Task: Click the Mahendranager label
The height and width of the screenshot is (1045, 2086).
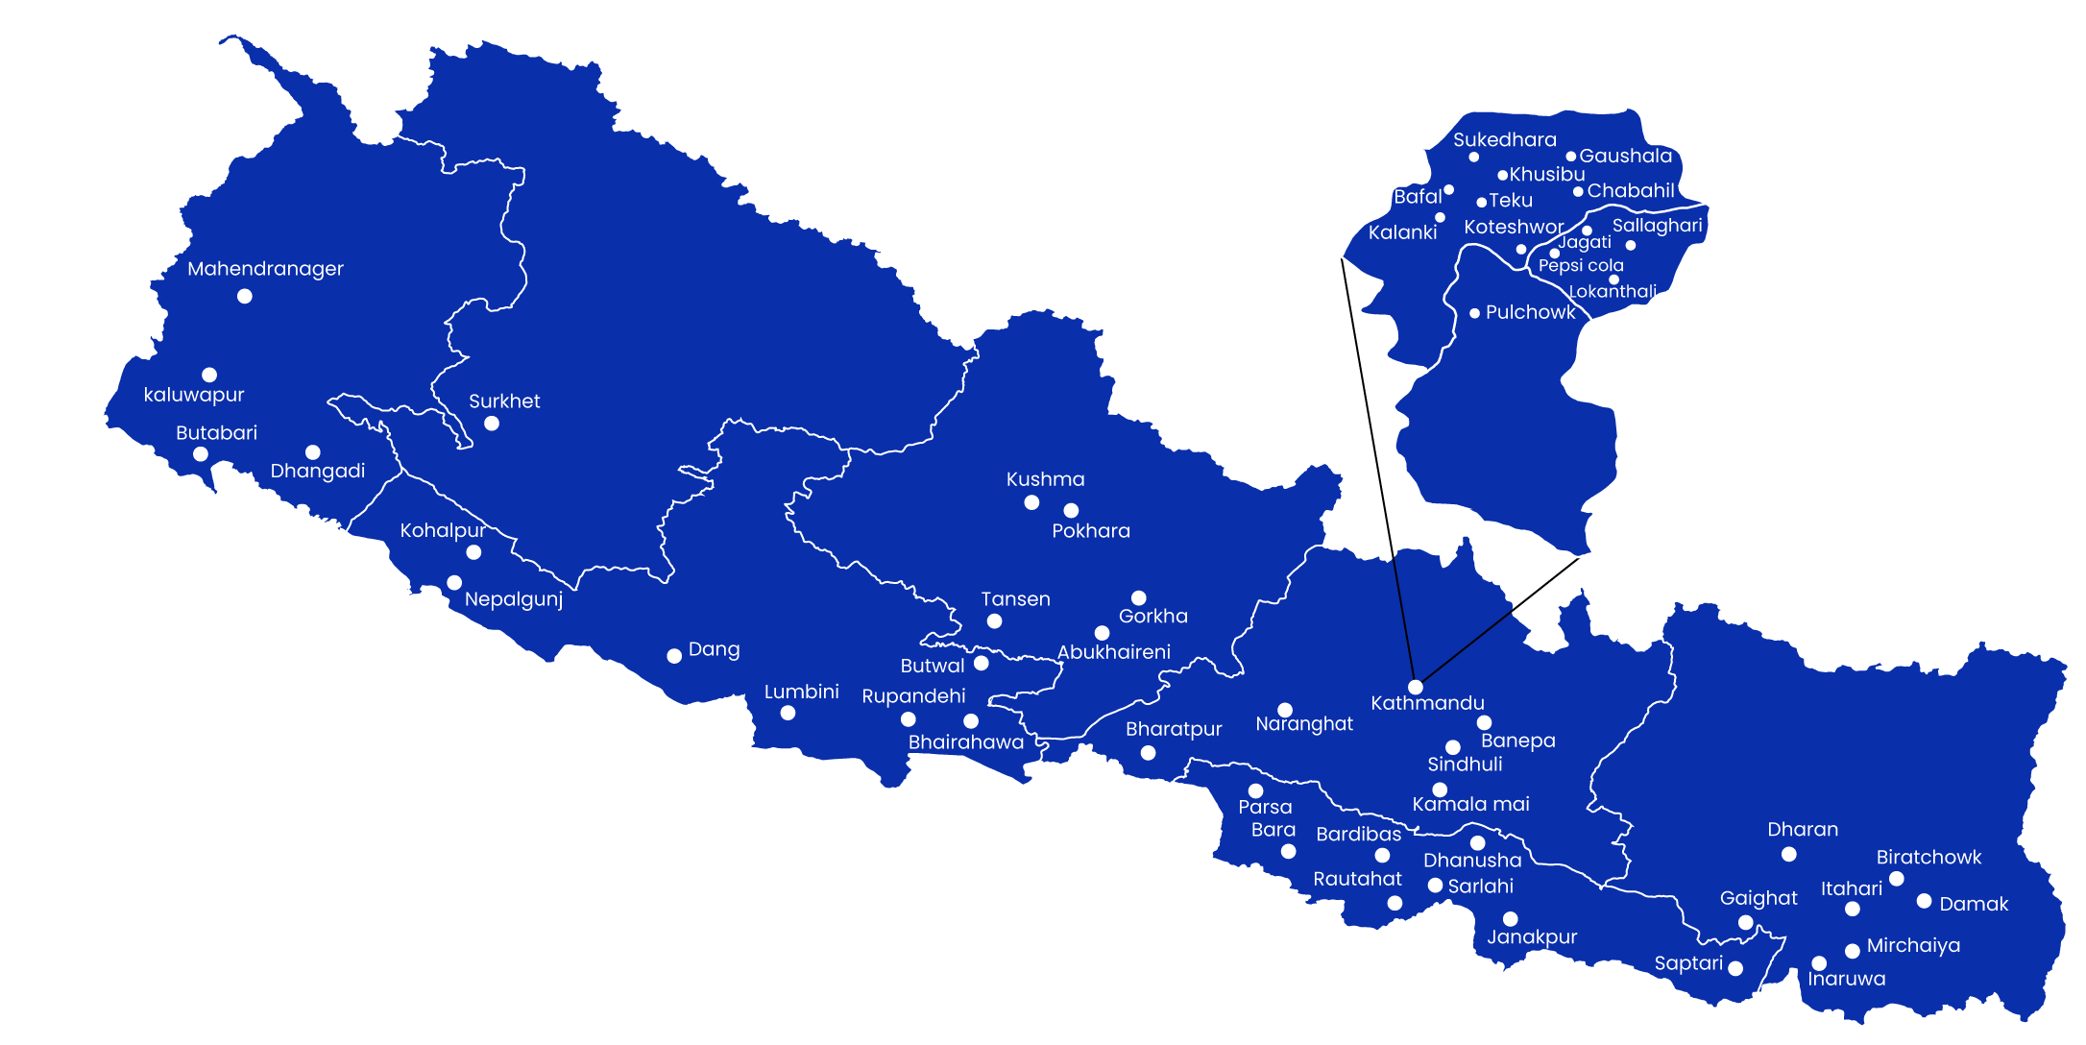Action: (265, 269)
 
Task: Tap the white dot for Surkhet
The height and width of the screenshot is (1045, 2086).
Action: (492, 424)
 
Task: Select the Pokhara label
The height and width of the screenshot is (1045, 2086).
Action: (1091, 531)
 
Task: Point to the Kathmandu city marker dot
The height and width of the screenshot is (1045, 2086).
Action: (1416, 687)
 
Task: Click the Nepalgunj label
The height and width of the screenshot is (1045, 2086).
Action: (513, 599)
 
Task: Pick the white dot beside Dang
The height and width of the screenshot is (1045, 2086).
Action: (674, 656)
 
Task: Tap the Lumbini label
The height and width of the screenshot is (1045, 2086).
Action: (801, 692)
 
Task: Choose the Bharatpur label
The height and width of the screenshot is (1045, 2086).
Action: (1174, 729)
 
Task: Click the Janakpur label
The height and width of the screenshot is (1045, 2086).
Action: (1532, 936)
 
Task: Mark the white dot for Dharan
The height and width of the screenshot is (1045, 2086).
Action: (1788, 854)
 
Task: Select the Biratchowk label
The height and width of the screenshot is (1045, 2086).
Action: (1928, 857)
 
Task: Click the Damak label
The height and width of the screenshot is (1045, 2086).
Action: (1974, 904)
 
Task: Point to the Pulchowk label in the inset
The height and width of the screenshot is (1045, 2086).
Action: (1530, 312)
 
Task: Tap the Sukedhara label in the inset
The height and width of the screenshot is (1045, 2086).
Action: (1504, 140)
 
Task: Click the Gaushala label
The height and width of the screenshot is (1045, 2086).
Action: (1625, 156)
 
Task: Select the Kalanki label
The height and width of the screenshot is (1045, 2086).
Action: (1402, 232)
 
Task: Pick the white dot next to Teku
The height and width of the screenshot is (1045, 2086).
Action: (1481, 203)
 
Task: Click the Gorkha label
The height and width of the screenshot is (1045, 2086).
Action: (1152, 617)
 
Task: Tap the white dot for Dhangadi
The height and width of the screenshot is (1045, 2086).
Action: (313, 452)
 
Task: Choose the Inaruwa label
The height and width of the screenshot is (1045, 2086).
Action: (1846, 979)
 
